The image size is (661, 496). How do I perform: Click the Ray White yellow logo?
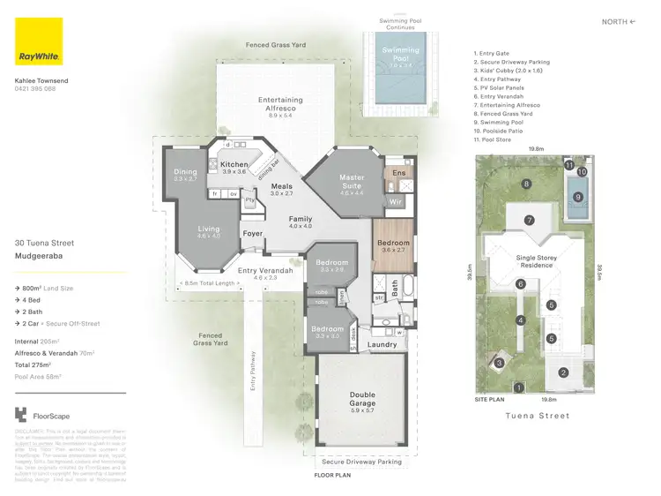pos(39,41)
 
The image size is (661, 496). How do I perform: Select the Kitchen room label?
pos(234,166)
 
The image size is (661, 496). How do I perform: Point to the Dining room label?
pos(185,174)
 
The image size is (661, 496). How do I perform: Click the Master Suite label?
pos(352,182)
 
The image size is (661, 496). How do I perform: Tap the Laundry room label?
pos(382,344)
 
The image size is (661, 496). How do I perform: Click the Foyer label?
pos(253,234)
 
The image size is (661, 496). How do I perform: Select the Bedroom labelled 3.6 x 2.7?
pos(393,244)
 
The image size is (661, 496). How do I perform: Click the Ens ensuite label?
pos(398,174)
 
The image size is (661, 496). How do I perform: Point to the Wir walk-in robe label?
pos(395,202)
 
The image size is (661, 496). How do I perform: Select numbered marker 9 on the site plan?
pos(578,197)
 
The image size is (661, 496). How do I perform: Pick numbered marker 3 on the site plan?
pos(499,362)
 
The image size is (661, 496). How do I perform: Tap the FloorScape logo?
pos(44,416)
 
